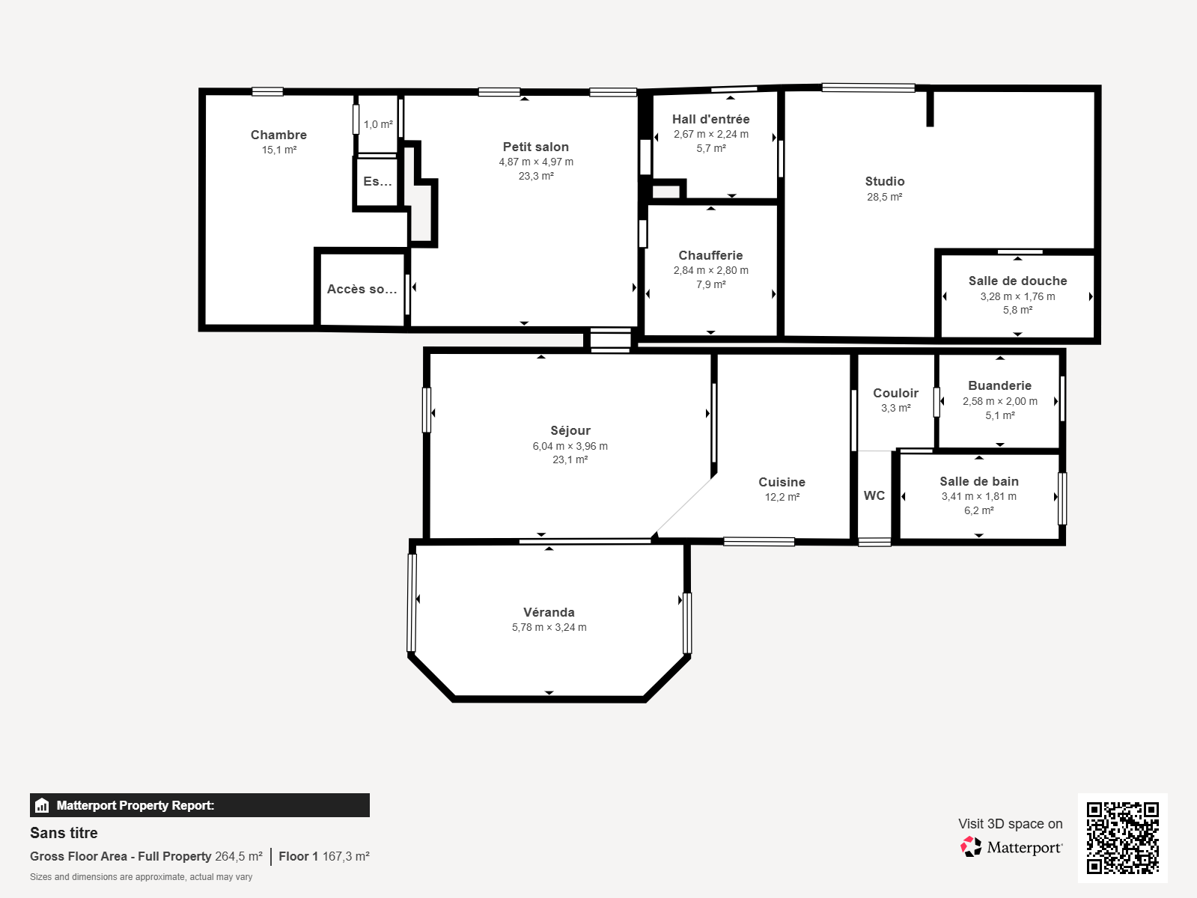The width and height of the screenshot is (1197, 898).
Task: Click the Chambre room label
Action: pyautogui.click(x=278, y=135)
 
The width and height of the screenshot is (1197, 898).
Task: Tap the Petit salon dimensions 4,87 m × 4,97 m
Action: pyautogui.click(x=536, y=162)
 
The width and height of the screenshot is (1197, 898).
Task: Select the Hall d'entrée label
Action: pyautogui.click(x=710, y=119)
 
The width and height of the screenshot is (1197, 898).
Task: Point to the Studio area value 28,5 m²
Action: pyautogui.click(x=885, y=197)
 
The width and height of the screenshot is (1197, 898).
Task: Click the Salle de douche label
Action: pyautogui.click(x=1017, y=281)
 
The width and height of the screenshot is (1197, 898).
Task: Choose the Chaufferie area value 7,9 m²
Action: pyautogui.click(x=710, y=284)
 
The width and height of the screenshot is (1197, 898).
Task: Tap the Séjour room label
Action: pyautogui.click(x=570, y=430)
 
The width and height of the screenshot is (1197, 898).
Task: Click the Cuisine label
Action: pyautogui.click(x=782, y=482)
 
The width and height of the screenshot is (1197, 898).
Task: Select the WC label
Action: pyautogui.click(x=874, y=495)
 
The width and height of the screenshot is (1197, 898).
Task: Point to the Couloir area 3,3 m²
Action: pyautogui.click(x=895, y=408)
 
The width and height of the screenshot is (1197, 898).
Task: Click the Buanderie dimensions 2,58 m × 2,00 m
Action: pyautogui.click(x=999, y=401)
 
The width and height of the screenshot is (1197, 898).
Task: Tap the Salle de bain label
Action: pyautogui.click(x=979, y=481)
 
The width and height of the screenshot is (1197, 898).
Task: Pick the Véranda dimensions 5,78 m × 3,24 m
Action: pyautogui.click(x=549, y=627)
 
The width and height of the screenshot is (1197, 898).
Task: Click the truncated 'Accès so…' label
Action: pyautogui.click(x=362, y=289)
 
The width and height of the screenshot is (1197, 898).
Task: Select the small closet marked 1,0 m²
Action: pyautogui.click(x=378, y=124)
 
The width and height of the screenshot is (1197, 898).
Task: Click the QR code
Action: pyautogui.click(x=1122, y=837)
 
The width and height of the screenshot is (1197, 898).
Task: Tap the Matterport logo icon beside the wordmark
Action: pyautogui.click(x=971, y=847)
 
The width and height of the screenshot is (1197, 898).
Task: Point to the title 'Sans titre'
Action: pyautogui.click(x=64, y=833)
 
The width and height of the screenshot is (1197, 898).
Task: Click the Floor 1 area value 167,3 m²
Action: pyautogui.click(x=346, y=856)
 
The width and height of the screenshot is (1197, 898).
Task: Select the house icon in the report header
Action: pyautogui.click(x=42, y=805)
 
